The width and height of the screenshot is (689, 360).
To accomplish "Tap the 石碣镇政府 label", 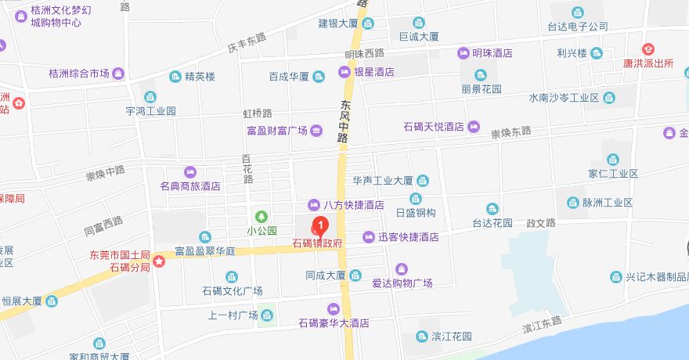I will click(x=318, y=244).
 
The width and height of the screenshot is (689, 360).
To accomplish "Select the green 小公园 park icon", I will click(x=262, y=217).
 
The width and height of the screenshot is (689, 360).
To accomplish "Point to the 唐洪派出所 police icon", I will click(x=648, y=49).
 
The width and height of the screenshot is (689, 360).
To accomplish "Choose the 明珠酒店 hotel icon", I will click(x=463, y=53).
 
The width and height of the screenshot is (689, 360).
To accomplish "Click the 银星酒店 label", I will click(x=373, y=72).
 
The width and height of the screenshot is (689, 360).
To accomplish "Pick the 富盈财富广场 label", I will click(x=271, y=130).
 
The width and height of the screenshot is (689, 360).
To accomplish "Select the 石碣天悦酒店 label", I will click(x=434, y=127).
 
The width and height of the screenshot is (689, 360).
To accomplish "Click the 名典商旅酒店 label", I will click(x=190, y=187).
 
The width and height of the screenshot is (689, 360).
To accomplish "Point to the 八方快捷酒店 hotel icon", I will click(x=313, y=204).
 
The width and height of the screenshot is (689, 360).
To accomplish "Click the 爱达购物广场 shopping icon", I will click(x=402, y=268).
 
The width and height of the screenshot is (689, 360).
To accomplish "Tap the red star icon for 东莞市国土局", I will click(x=159, y=261).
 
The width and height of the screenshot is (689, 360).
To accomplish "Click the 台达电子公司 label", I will click(x=578, y=26).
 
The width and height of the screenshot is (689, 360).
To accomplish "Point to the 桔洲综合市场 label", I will click(x=78, y=74).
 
